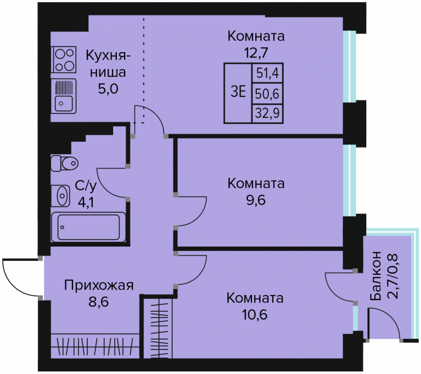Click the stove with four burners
pyautogui.click(x=63, y=60)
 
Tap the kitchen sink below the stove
pyautogui.click(x=63, y=96)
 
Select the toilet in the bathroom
pyautogui.click(x=64, y=163)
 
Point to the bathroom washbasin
pyautogui.click(x=61, y=195)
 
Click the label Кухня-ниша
pyautogui.click(x=108, y=64)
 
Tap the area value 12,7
pyautogui.click(x=256, y=53)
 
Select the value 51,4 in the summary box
pyautogui.click(x=267, y=73)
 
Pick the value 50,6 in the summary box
pyautogui.click(x=267, y=94)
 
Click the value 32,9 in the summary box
pyautogui.click(x=267, y=113)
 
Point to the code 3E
pyautogui.click(x=238, y=93)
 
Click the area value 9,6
pyautogui.click(x=256, y=200)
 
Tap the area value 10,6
pyautogui.click(x=255, y=314)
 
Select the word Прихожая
pyautogui.click(x=99, y=286)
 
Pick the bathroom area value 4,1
pyautogui.click(x=86, y=203)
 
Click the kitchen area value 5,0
pyautogui.click(x=108, y=89)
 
